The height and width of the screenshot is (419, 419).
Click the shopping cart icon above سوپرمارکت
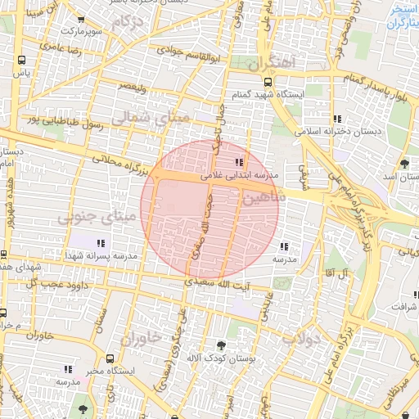[79, 20]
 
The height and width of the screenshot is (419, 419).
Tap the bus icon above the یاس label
[20, 60]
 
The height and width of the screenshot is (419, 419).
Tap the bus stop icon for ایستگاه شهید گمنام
[268, 82]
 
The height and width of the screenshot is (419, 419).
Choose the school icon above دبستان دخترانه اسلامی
[338, 119]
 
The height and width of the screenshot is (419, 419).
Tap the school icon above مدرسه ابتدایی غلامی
[239, 163]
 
